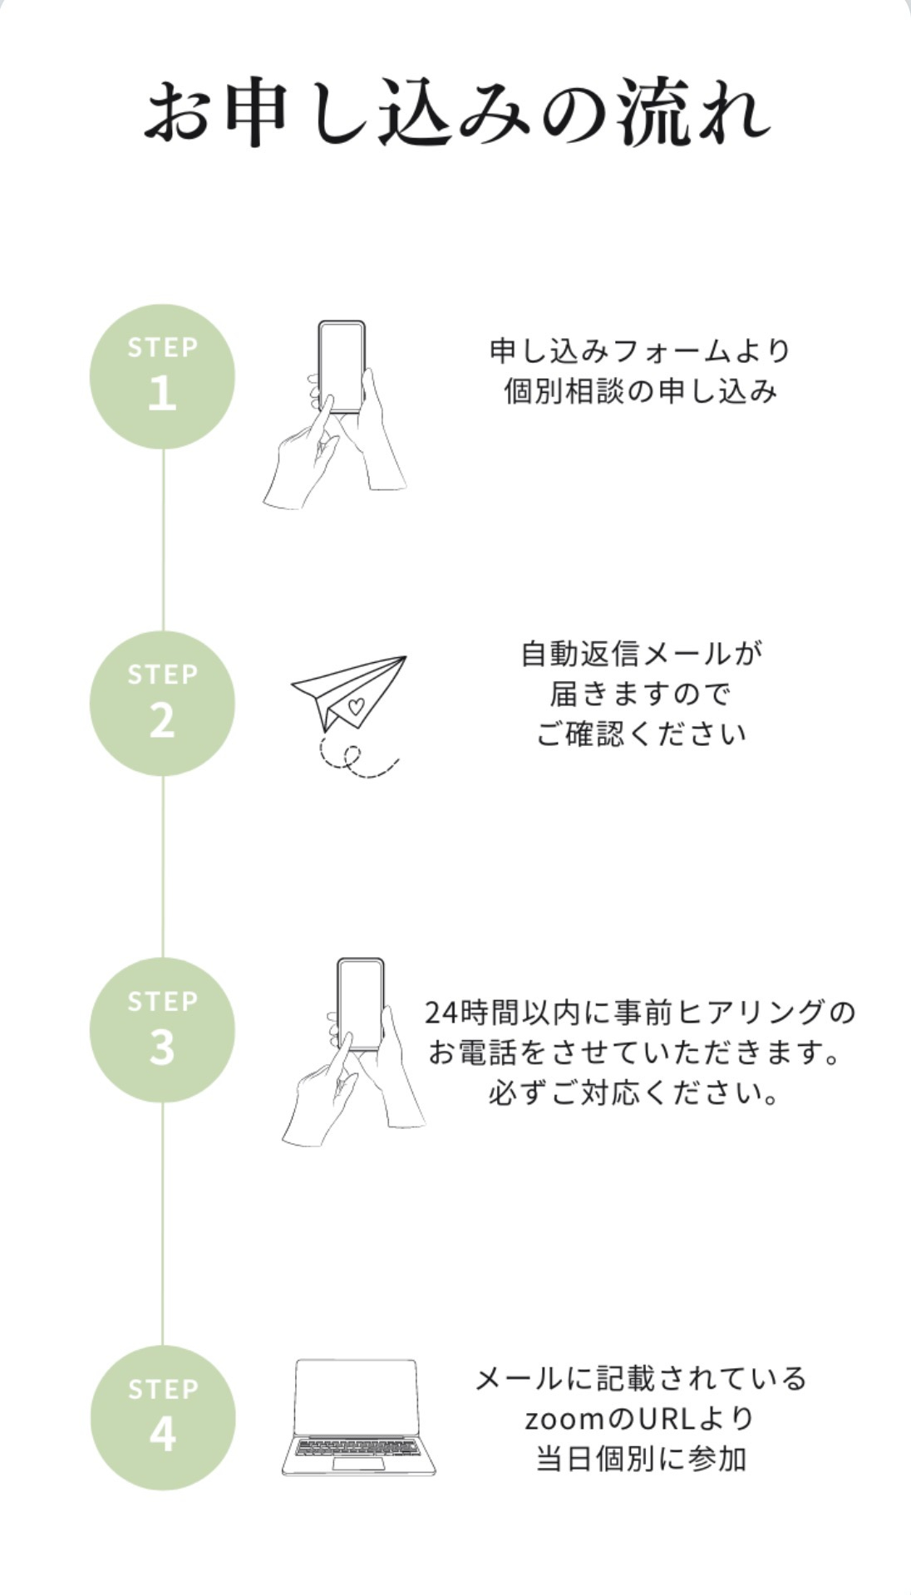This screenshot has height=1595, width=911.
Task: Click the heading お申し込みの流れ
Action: (456, 112)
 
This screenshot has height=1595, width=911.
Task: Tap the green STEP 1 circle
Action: (162, 376)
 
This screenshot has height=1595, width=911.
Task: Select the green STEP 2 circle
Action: (162, 704)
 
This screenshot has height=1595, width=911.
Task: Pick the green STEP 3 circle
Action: (162, 1030)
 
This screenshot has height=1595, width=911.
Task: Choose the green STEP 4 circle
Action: (162, 1418)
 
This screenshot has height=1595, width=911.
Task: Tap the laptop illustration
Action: (358, 1417)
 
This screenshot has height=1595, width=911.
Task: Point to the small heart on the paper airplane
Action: (356, 707)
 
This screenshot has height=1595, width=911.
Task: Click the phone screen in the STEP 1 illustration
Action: (342, 365)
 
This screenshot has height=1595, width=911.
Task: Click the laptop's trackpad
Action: (358, 1463)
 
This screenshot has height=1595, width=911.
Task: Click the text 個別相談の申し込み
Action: (640, 391)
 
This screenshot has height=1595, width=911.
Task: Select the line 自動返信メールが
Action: (641, 654)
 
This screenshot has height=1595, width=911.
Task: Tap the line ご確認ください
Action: (641, 734)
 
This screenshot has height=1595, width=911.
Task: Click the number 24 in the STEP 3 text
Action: (440, 1013)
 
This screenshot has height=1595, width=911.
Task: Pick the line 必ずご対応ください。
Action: (635, 1092)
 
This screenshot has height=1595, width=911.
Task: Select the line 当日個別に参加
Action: (641, 1459)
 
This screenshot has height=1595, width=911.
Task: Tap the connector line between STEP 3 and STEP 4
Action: (162, 1224)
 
